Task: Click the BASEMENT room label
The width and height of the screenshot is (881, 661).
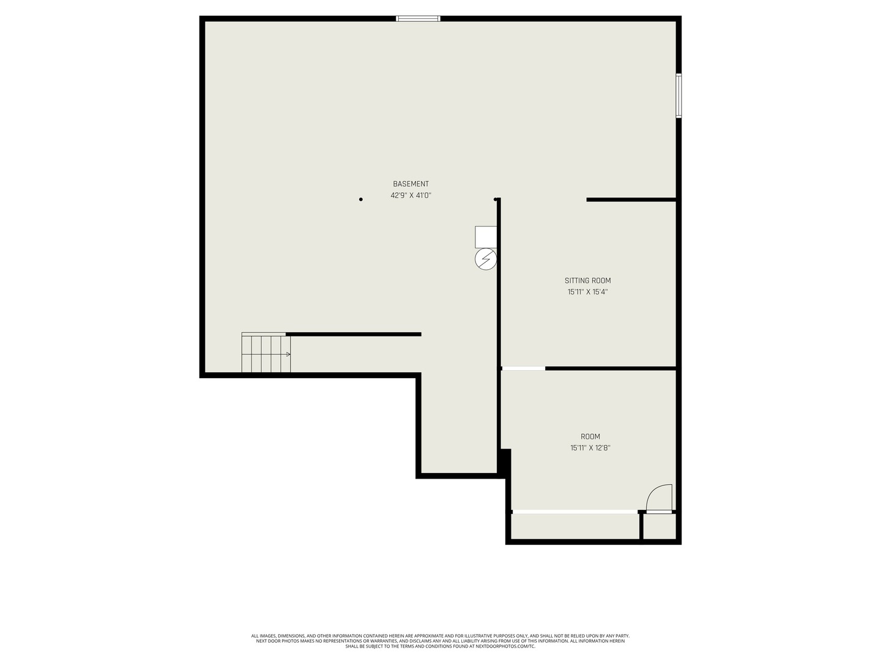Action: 411,184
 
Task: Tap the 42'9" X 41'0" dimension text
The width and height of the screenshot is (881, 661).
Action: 411,196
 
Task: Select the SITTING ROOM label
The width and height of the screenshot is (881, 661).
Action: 587,281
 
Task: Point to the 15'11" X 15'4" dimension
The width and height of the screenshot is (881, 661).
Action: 587,292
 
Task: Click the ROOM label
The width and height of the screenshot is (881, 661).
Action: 590,436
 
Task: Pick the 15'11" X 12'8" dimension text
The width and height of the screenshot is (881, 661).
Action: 590,448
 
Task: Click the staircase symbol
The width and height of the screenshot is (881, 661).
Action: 266,353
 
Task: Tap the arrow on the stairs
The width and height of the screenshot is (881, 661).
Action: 286,354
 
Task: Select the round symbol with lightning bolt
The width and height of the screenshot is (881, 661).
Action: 486,260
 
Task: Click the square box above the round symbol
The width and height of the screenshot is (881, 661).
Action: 486,237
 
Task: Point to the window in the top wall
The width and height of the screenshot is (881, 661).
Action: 418,19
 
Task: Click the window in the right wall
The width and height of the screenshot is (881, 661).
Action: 678,95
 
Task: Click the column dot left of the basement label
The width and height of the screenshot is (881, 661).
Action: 361,200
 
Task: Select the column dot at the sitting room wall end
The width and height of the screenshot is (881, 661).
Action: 496,200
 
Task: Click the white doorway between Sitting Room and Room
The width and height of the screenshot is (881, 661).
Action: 523,368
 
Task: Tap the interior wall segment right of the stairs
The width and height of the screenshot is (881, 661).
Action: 354,334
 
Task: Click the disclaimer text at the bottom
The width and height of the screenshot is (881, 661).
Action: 441,641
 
